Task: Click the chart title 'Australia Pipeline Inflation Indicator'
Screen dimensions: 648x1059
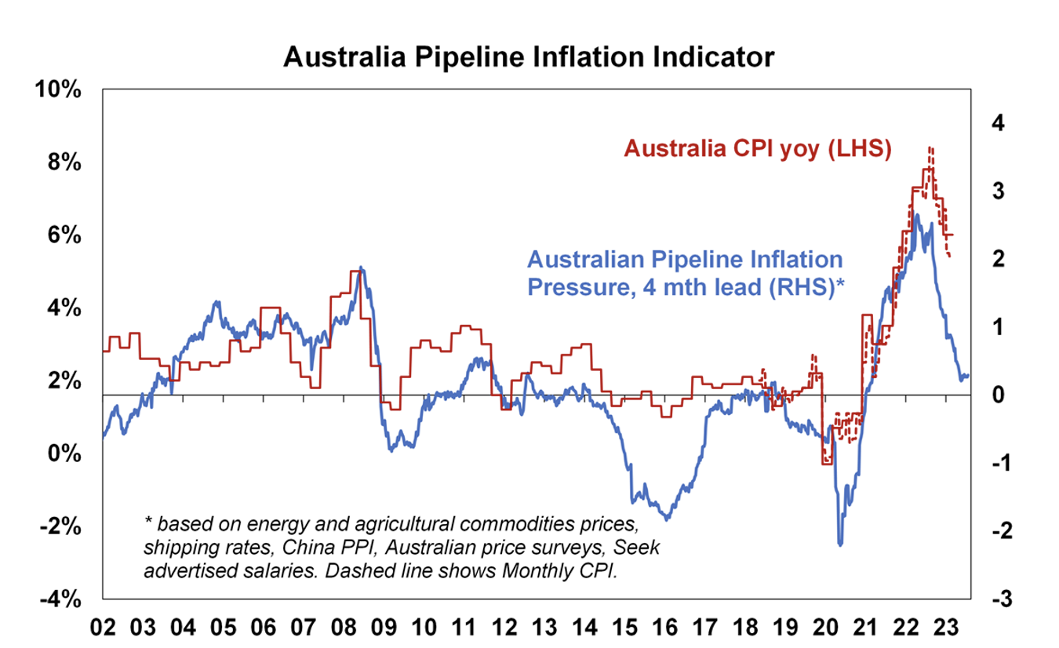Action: [x=529, y=57]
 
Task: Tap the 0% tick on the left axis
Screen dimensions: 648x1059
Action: [x=64, y=453]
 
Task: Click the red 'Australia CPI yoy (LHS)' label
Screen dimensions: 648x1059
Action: [x=757, y=149]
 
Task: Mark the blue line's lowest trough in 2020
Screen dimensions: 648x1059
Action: [x=840, y=544]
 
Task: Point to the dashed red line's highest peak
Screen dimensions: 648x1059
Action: [x=930, y=147]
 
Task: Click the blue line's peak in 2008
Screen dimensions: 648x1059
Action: [x=360, y=268]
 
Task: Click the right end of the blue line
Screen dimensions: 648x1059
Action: [x=968, y=376]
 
